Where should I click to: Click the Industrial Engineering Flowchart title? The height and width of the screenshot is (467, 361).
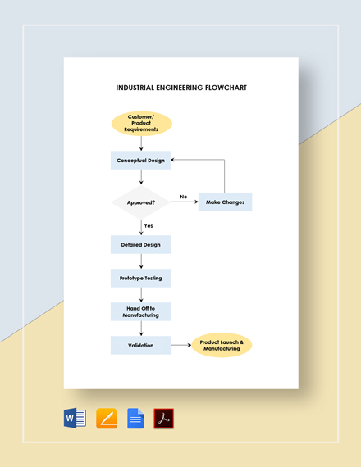pyautogui.click(x=181, y=88)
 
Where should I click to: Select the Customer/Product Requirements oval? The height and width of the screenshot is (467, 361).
pyautogui.click(x=141, y=124)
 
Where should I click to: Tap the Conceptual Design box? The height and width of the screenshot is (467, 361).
pyautogui.click(x=141, y=161)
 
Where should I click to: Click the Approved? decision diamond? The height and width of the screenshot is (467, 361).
pyautogui.click(x=141, y=202)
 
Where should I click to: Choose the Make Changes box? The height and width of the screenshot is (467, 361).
pyautogui.click(x=225, y=202)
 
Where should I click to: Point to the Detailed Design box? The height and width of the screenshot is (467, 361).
pyautogui.click(x=141, y=244)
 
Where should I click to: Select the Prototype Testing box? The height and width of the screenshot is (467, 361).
pyautogui.click(x=141, y=278)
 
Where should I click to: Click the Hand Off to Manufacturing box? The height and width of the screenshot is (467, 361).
pyautogui.click(x=141, y=311)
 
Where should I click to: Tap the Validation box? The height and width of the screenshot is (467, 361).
pyautogui.click(x=141, y=345)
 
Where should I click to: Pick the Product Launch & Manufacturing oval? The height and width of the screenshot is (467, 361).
pyautogui.click(x=222, y=345)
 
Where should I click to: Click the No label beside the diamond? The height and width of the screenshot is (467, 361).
pyautogui.click(x=183, y=197)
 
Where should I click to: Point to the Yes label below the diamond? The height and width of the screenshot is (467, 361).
pyautogui.click(x=149, y=225)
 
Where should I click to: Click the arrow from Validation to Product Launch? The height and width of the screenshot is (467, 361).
pyautogui.click(x=180, y=345)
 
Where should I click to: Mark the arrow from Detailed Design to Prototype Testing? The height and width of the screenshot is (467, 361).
pyautogui.click(x=141, y=261)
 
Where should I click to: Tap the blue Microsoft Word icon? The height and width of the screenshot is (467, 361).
pyautogui.click(x=75, y=419)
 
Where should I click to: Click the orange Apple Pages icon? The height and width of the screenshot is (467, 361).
pyautogui.click(x=106, y=419)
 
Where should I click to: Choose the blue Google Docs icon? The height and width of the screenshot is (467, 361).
pyautogui.click(x=135, y=419)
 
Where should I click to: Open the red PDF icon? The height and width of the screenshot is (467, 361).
pyautogui.click(x=164, y=419)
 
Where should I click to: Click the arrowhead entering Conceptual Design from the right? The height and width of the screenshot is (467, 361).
pyautogui.click(x=174, y=161)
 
